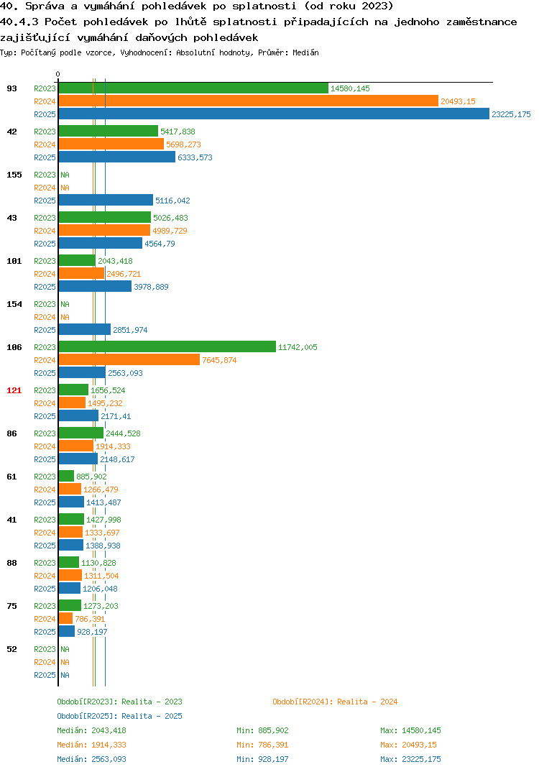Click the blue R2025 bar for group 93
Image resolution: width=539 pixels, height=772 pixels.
point(275,114)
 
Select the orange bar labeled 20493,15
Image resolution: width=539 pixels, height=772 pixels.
point(249,101)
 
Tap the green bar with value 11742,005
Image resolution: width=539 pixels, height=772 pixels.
point(167,346)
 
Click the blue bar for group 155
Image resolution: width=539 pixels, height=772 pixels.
point(106,200)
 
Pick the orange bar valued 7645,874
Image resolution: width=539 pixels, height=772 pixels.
point(129,360)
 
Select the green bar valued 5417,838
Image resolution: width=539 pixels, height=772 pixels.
point(109,131)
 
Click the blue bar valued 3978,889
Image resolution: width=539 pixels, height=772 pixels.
point(95,286)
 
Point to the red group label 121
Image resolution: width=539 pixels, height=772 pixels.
point(14,390)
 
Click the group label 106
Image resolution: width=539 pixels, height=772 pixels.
point(14,347)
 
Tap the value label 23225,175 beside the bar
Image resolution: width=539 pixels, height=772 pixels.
point(511,114)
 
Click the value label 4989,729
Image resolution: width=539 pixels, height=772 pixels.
point(170,231)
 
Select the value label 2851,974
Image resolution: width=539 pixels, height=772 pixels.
point(130,330)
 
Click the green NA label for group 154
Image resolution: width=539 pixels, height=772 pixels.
point(65,304)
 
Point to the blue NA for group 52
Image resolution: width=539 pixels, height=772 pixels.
point(65,675)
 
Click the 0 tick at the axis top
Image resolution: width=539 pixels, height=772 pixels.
point(58,74)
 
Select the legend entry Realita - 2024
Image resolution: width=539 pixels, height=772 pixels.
point(335,702)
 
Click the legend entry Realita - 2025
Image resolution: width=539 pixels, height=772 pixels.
point(119,716)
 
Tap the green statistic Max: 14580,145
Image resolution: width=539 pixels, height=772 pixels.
point(410,730)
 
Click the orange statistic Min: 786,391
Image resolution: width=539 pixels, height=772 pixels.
point(262,745)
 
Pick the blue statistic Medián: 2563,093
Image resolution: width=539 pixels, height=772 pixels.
point(91,759)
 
